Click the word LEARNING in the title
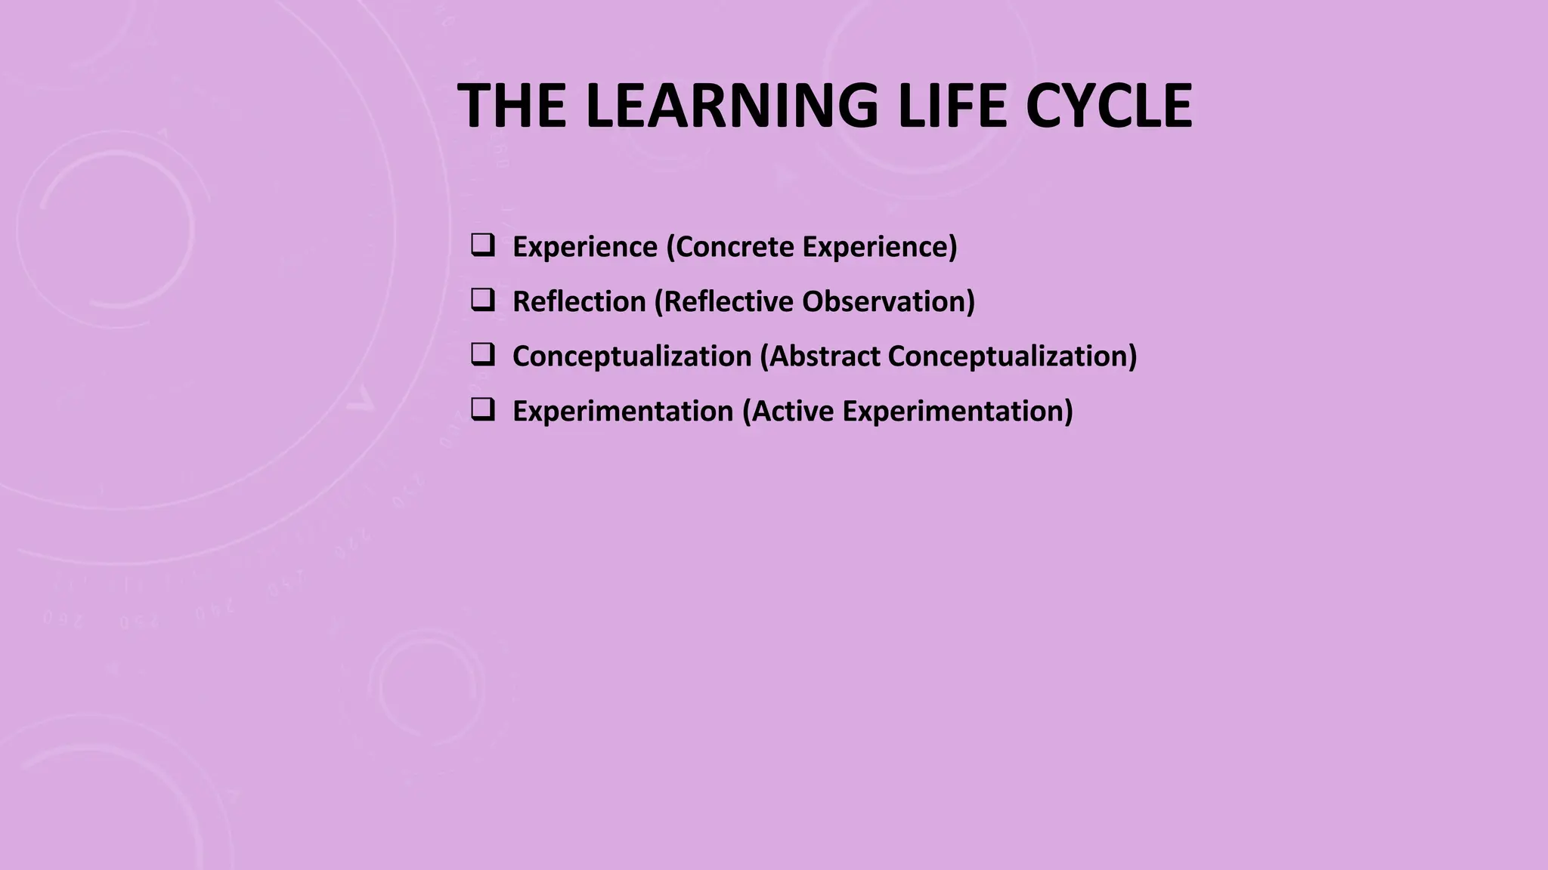pos(732,106)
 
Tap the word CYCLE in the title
pos(1108,106)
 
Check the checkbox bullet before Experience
pos(482,245)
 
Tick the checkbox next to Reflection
pos(482,300)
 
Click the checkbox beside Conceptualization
pos(482,354)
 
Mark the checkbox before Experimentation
pos(482,409)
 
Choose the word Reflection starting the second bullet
pos(579,301)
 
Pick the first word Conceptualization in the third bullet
pos(632,356)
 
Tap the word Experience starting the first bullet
pos(585,247)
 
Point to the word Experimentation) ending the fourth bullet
pos(958,412)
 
